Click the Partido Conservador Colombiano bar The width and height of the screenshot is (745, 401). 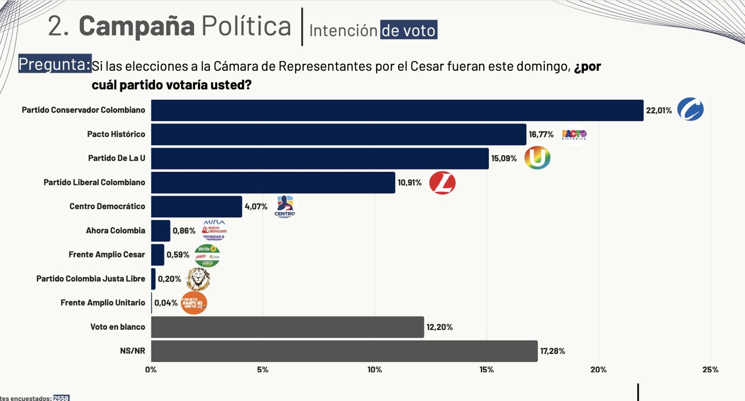pyautogui.click(x=397, y=110)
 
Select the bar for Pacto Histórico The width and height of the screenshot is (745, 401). pyautogui.click(x=339, y=135)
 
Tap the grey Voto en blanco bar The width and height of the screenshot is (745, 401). pyautogui.click(x=287, y=327)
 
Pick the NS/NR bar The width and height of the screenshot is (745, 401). pyautogui.click(x=344, y=351)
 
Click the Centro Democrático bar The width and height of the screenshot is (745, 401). pyautogui.click(x=196, y=207)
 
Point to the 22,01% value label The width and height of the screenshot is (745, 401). pyautogui.click(x=658, y=110)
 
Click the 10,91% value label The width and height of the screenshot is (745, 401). pyautogui.click(x=409, y=183)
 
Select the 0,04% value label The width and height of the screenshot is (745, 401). pyautogui.click(x=166, y=303)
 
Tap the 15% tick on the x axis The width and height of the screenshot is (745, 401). pyautogui.click(x=487, y=370)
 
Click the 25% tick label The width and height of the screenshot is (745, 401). pyautogui.click(x=710, y=370)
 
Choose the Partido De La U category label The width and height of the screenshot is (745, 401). pyautogui.click(x=116, y=158)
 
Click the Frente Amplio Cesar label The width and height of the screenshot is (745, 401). pyautogui.click(x=107, y=255)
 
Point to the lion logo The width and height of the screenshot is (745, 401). pyautogui.click(x=198, y=279)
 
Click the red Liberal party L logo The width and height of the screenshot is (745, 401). pyautogui.click(x=442, y=183)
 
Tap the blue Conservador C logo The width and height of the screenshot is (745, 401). pyautogui.click(x=690, y=110)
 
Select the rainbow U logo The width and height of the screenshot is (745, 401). pyautogui.click(x=537, y=158)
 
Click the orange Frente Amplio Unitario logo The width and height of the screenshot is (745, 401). pyautogui.click(x=193, y=303)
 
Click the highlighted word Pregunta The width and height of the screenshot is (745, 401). pyautogui.click(x=54, y=64)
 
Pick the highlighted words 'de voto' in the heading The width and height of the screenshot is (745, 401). pyautogui.click(x=408, y=30)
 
